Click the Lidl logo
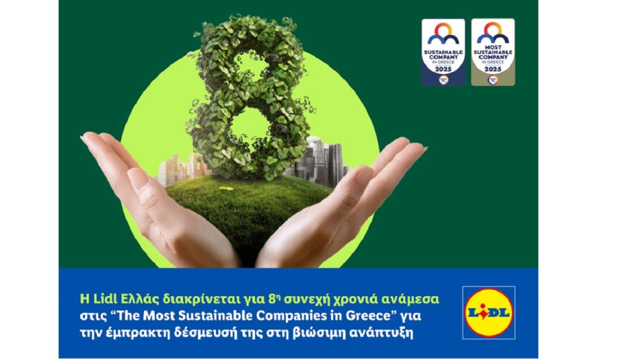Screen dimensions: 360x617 pyautogui.click(x=488, y=312)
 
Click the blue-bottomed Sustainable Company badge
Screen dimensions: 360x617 pyautogui.click(x=442, y=52)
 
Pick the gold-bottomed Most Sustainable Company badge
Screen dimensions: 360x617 pyautogui.click(x=492, y=52)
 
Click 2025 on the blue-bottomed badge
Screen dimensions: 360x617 pyautogui.click(x=442, y=69)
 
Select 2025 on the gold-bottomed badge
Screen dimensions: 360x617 pyautogui.click(x=492, y=69)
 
